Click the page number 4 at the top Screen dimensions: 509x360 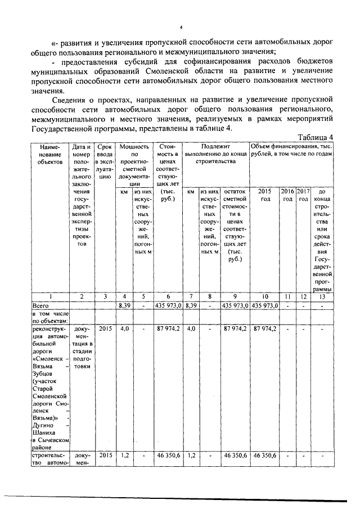click(181, 27)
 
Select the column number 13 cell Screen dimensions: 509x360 click(322, 296)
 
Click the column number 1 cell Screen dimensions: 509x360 click(51, 296)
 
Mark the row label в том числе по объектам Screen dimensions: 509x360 click(51, 317)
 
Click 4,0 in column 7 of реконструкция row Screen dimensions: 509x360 click(191, 328)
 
